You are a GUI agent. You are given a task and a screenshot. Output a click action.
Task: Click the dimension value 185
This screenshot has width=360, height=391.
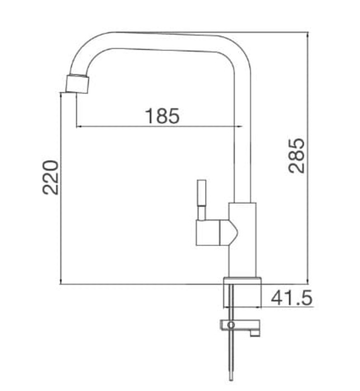[x=162, y=116]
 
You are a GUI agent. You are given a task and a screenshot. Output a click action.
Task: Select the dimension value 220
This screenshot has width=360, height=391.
[x=51, y=177]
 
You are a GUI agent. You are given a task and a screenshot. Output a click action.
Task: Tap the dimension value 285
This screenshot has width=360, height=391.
[x=297, y=155]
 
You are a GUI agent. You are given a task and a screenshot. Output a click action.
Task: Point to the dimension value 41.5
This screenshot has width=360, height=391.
[x=291, y=298]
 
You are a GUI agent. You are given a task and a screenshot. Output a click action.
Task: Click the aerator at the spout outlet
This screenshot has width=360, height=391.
[x=77, y=83]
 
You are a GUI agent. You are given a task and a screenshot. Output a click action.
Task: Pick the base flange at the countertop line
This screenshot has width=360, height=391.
[x=242, y=280]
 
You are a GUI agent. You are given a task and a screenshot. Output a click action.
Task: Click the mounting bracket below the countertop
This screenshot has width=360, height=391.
[x=240, y=326]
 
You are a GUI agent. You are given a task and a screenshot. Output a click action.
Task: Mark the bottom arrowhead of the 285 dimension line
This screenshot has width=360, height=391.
[x=308, y=282]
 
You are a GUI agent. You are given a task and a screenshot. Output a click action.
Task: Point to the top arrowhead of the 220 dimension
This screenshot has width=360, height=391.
[x=60, y=95]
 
